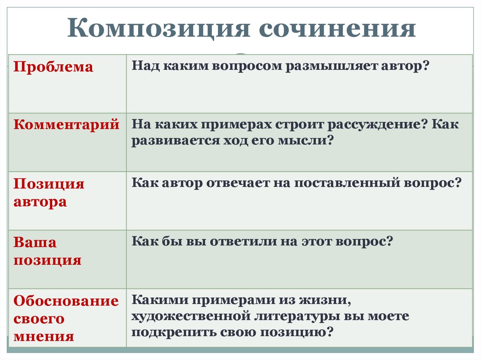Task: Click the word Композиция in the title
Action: tap(158, 29)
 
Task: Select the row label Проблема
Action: tap(53, 67)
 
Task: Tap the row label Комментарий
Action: tap(66, 125)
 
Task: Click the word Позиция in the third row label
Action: tap(49, 184)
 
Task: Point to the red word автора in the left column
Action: tap(40, 202)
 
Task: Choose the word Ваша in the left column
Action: tap(35, 242)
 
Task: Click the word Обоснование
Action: tap(66, 301)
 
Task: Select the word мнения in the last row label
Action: tap(44, 336)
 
